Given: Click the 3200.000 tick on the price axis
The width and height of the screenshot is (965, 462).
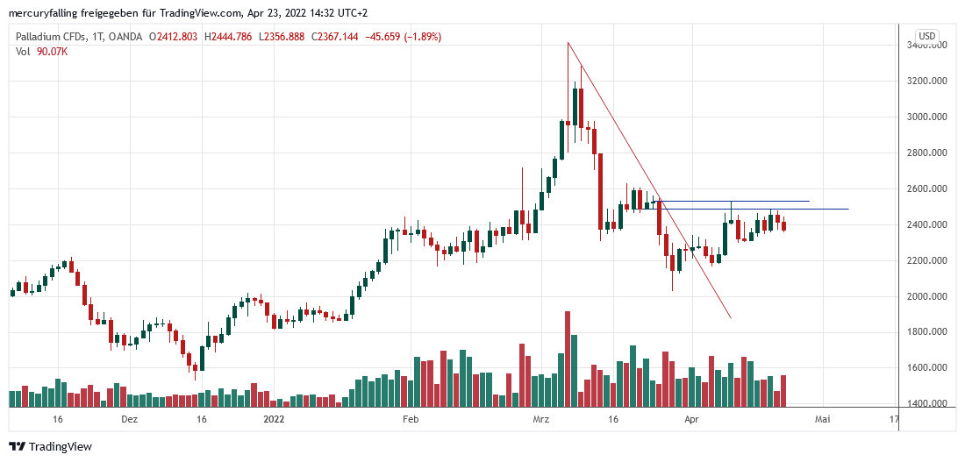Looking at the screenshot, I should tap(929, 81).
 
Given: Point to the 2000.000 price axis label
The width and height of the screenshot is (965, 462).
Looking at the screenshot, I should tap(929, 296).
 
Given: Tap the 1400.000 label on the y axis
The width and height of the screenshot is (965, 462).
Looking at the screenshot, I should tap(929, 404).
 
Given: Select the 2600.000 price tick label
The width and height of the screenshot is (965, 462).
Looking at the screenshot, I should tap(929, 188).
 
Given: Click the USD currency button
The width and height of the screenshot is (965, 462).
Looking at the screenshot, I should tap(926, 36).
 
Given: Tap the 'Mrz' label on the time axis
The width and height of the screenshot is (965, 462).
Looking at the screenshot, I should tap(540, 420).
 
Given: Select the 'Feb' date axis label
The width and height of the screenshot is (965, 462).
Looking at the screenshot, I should tap(411, 420).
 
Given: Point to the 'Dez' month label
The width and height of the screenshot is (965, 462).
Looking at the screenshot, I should tap(130, 420).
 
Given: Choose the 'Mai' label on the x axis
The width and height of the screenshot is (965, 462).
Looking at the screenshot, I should tap(822, 420).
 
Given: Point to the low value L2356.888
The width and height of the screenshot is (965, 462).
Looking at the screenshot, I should tap(289, 37).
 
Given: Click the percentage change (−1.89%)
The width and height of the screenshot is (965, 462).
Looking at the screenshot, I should tap(416, 37).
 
